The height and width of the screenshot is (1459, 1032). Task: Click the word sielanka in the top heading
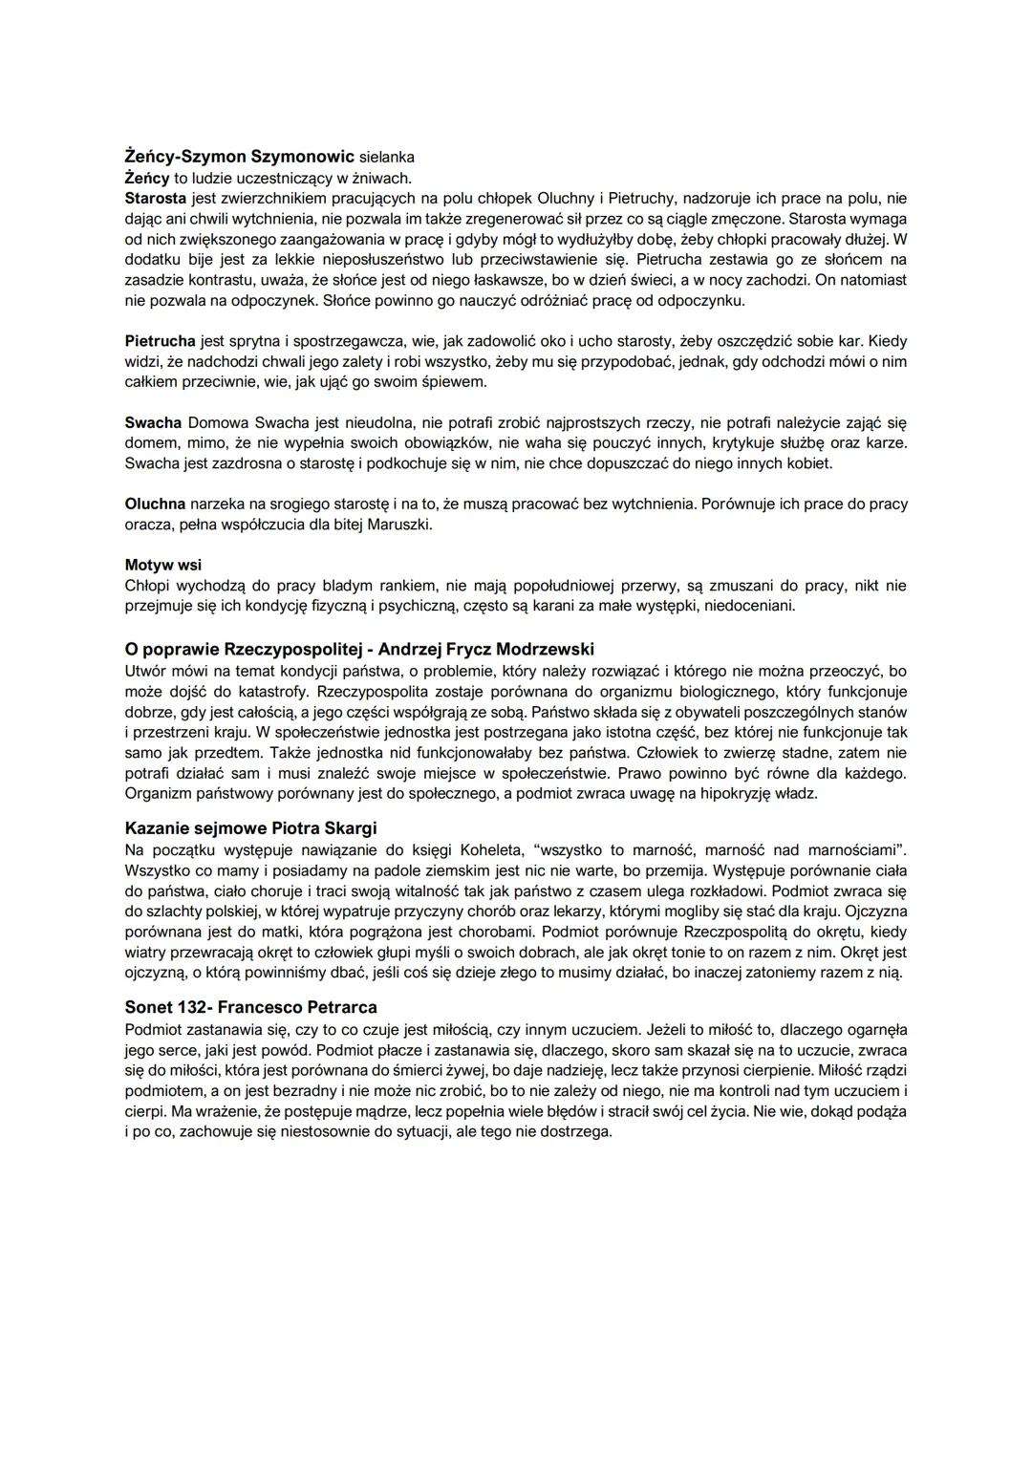(x=387, y=157)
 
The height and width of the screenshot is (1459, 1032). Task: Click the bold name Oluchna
(x=156, y=504)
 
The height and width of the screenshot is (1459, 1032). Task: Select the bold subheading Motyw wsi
(x=163, y=565)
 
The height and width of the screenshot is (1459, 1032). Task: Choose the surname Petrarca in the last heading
(x=331, y=1008)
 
